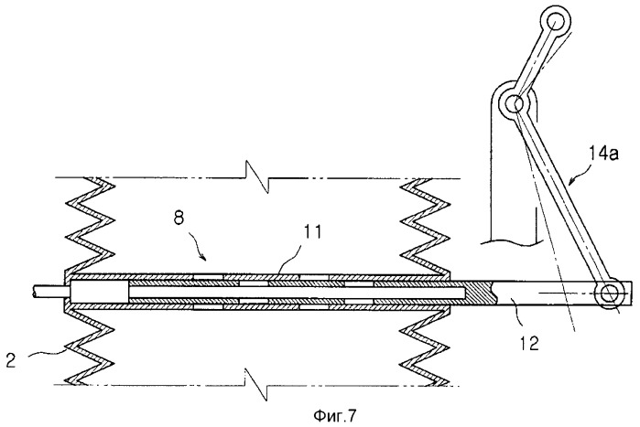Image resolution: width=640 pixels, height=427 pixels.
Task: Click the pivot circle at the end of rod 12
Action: [x=609, y=293]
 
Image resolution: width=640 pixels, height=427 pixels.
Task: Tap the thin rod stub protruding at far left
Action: [x=42, y=292]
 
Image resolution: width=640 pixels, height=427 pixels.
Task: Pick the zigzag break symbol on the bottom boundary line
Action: [x=260, y=377]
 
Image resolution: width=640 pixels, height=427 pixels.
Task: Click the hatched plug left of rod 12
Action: [x=478, y=293]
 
